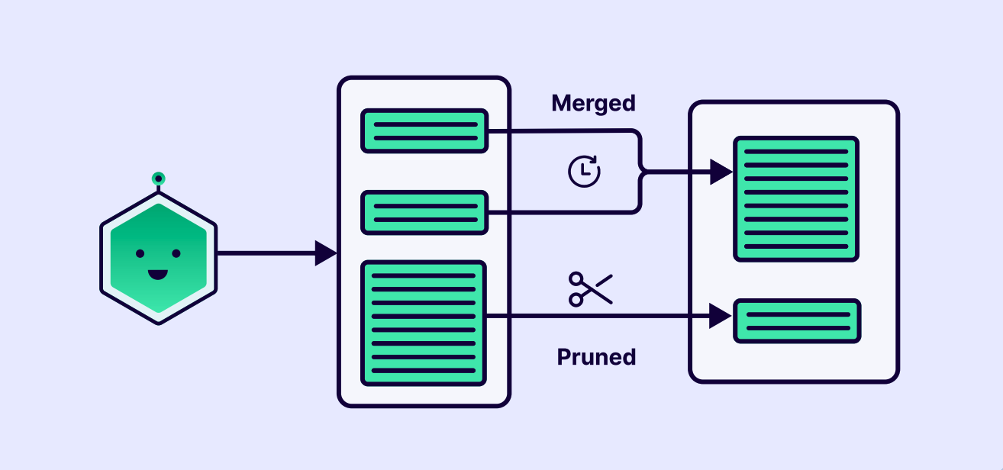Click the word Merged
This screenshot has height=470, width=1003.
593,103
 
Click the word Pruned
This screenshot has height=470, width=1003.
596,356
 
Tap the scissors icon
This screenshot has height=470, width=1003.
590,289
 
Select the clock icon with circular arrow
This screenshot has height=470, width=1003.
584,171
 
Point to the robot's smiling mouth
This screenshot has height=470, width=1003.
158,274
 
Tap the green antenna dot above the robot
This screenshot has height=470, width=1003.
158,179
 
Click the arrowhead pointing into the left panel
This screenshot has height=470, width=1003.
325,253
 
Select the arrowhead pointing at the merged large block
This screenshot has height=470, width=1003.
720,172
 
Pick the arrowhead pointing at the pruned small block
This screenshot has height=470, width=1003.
720,316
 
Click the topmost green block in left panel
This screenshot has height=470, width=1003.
424,131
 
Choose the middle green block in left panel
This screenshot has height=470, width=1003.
424,212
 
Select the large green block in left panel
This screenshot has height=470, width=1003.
424,324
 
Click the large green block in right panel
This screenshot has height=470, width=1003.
796,199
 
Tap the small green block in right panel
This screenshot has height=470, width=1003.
796,320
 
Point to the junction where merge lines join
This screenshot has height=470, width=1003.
641,172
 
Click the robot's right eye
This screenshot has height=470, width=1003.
176,253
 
